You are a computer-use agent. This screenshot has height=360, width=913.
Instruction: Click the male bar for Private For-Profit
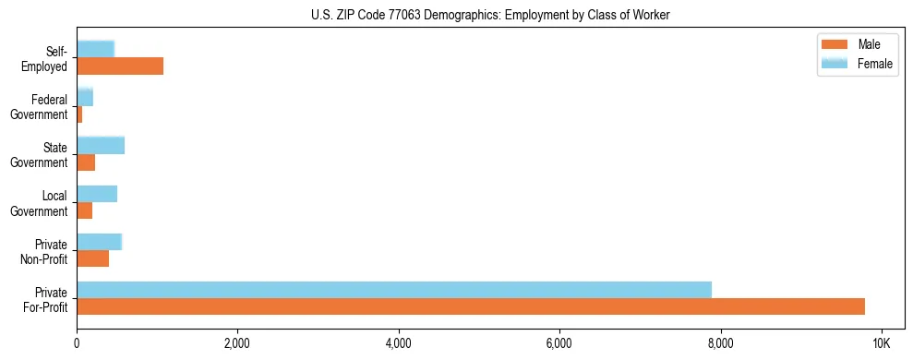point(471,306)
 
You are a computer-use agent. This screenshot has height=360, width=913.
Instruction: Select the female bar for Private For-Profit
point(394,290)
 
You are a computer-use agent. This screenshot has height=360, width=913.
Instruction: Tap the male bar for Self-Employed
point(120,66)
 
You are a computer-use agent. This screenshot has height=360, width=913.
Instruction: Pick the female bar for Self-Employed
point(95,49)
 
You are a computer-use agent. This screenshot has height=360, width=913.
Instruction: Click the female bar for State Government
point(101,146)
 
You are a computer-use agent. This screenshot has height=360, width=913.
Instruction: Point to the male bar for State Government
point(86,162)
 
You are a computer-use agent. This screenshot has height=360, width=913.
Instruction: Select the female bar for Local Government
point(97,194)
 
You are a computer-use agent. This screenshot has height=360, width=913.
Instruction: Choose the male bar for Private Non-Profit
point(92,258)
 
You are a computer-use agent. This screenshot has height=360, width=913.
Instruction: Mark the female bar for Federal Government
point(85,98)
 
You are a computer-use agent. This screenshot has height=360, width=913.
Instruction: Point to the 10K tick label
point(882,343)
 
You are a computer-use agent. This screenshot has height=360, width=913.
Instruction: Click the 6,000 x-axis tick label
point(559,343)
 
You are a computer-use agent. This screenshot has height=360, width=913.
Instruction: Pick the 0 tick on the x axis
point(77,343)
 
